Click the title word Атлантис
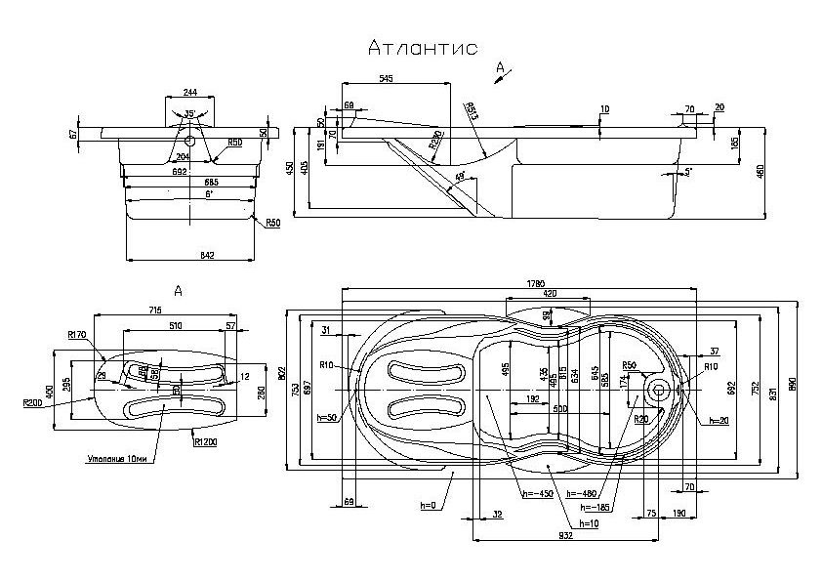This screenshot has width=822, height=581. pyautogui.click(x=423, y=49)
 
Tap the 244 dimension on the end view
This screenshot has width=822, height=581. pyautogui.click(x=190, y=92)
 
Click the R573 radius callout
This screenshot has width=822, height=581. pyautogui.click(x=473, y=108)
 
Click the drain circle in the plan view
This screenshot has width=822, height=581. pyautogui.click(x=658, y=391)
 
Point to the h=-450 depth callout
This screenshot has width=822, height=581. pyautogui.click(x=536, y=493)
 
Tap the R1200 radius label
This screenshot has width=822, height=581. pyautogui.click(x=206, y=443)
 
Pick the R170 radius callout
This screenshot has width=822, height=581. pyautogui.click(x=79, y=335)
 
